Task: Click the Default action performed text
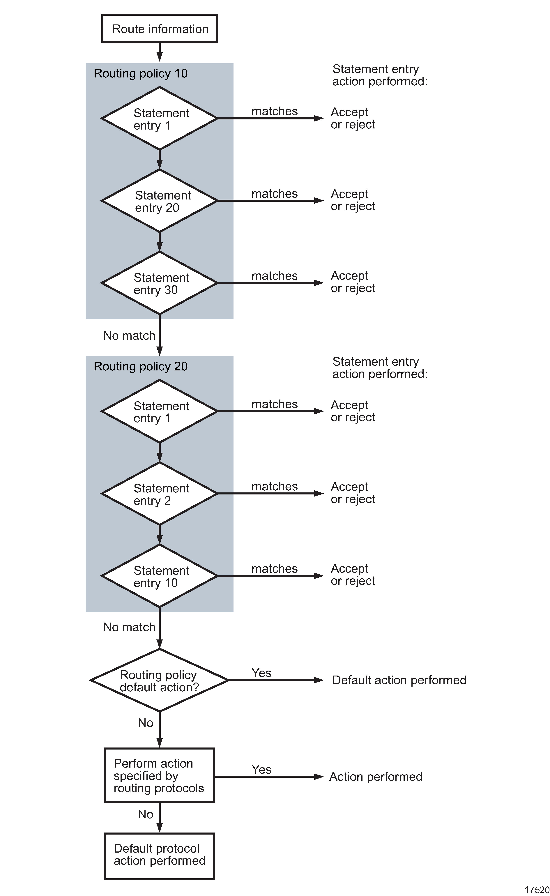point(399,680)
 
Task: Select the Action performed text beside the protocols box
point(376,777)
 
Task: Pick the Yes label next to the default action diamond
point(261,673)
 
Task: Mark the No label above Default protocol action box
point(146,814)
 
